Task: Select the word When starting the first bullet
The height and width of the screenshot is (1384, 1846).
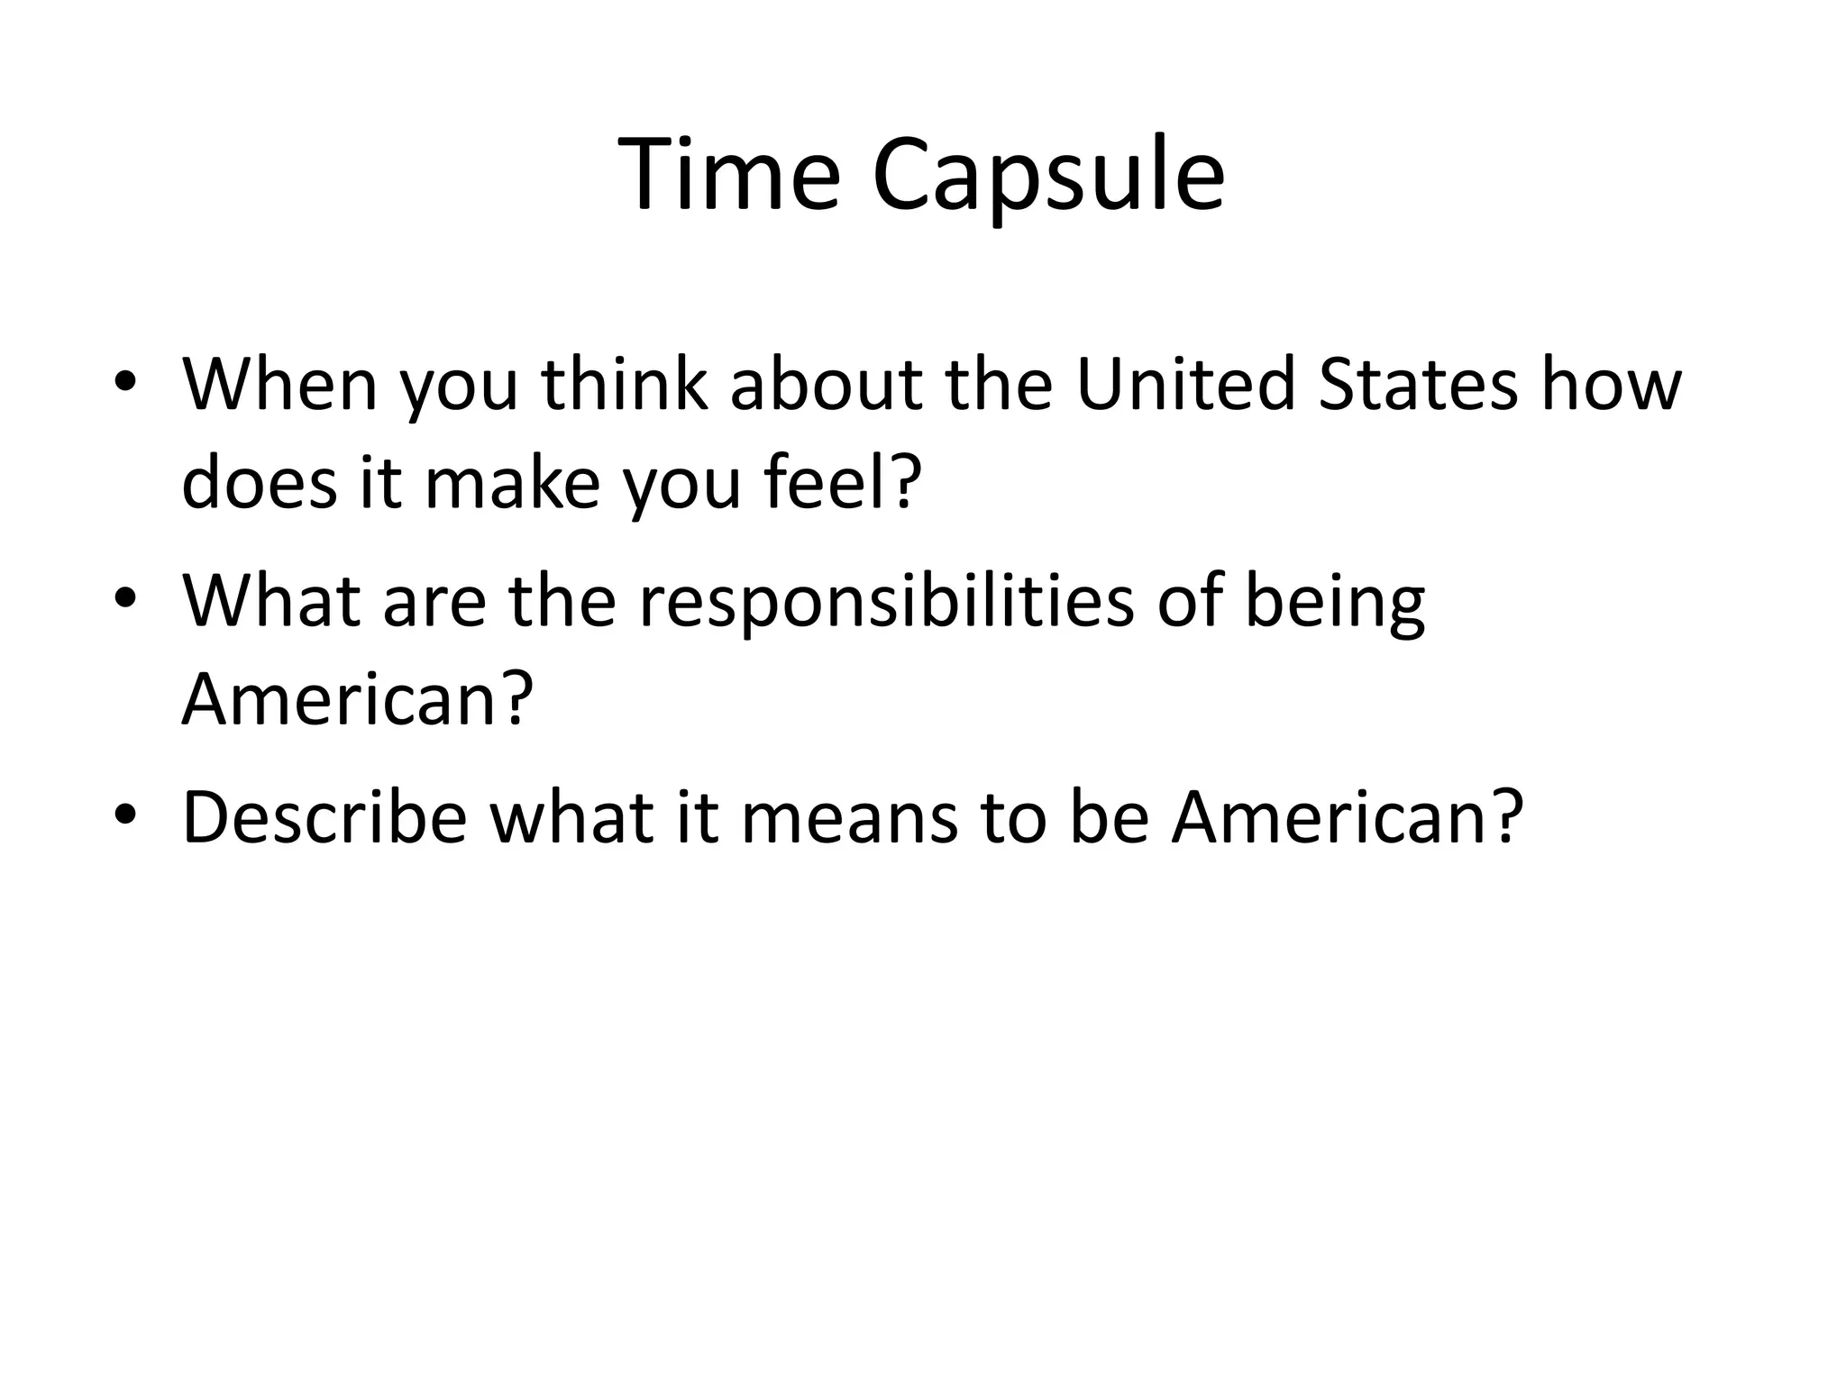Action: point(279,385)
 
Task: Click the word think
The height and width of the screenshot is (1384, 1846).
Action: point(624,385)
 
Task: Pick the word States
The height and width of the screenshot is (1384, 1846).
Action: point(1417,385)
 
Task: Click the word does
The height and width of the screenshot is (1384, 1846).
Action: point(261,482)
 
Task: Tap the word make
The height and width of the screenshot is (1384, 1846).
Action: point(512,482)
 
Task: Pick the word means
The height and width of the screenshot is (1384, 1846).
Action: point(849,817)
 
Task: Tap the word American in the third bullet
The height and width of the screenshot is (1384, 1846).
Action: point(1347,817)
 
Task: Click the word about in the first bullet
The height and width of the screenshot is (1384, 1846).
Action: point(826,385)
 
